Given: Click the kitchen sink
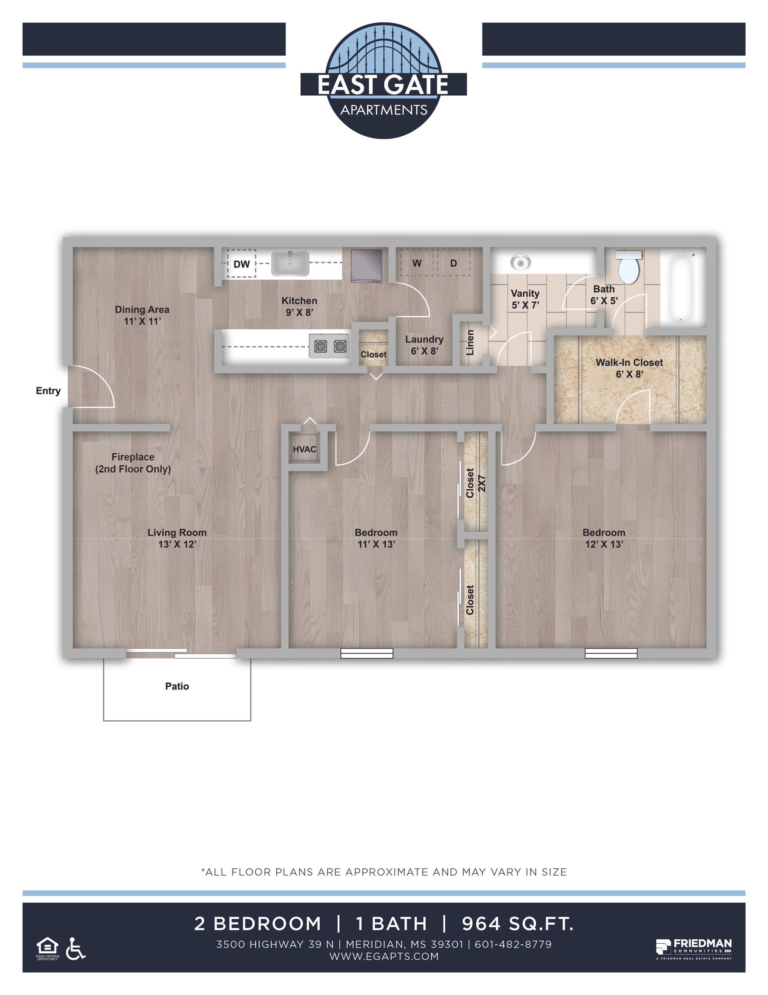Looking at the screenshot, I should click(x=290, y=263).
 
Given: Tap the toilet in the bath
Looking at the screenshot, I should click(x=629, y=266).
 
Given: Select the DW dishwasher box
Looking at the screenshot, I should click(x=241, y=264).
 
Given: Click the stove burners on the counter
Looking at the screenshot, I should click(x=330, y=346).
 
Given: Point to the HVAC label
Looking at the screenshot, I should click(x=304, y=449).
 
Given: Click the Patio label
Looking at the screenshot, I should click(x=177, y=686).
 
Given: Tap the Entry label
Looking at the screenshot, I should click(x=48, y=390).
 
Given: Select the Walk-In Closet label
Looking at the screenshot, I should click(x=629, y=363).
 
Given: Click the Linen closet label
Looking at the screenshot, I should click(x=470, y=342).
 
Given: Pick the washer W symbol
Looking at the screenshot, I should click(x=416, y=263).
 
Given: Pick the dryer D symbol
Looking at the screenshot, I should click(x=454, y=263).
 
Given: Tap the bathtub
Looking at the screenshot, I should click(x=682, y=287).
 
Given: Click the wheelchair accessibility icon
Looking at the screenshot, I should click(x=76, y=949).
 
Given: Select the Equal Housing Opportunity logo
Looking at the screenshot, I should click(x=47, y=949).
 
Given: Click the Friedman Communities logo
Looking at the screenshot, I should click(x=693, y=948).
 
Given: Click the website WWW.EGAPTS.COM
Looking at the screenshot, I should click(x=384, y=956).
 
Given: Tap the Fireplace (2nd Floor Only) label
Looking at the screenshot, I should click(x=133, y=463).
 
